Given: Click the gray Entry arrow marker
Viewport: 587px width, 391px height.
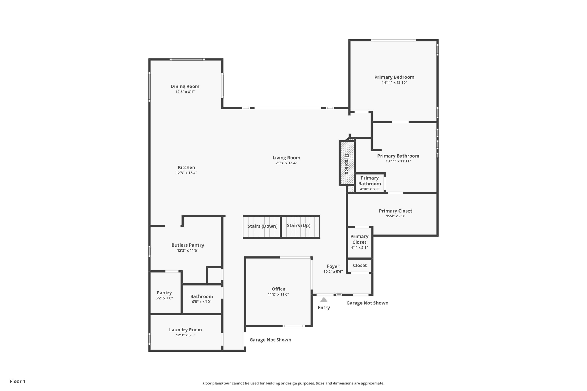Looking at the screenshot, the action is [x=324, y=300].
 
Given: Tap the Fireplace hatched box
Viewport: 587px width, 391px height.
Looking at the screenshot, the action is [x=347, y=163].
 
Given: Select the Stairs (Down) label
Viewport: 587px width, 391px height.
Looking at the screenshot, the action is [x=262, y=226].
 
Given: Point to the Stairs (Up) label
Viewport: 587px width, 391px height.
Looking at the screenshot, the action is [x=298, y=225].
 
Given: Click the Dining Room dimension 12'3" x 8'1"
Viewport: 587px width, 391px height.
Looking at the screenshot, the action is [x=185, y=92].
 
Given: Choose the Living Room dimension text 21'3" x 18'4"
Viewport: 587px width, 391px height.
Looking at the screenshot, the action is [x=286, y=163].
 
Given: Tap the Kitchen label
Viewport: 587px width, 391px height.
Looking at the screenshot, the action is [x=186, y=168].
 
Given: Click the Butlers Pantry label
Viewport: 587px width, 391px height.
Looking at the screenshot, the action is [x=188, y=245].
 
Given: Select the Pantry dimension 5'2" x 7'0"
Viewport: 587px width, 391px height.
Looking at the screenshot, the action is [x=164, y=298].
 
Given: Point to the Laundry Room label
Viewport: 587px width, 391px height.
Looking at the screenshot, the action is [x=185, y=330].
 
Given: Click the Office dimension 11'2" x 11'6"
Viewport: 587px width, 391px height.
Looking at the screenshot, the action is [x=278, y=294].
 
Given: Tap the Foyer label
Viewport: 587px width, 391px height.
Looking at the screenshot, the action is [x=333, y=266].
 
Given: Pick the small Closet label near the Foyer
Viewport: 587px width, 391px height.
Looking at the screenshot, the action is [x=360, y=266].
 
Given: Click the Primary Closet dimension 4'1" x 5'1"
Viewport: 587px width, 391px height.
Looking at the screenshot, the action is [x=359, y=247].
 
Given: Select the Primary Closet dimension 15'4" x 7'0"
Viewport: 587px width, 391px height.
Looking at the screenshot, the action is [x=396, y=216].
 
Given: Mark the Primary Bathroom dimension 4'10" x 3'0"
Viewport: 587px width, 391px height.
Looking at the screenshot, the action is [x=369, y=189].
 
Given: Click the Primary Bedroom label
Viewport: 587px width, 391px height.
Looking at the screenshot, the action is [x=394, y=77].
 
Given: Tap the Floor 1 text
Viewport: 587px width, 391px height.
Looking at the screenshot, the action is [x=17, y=381].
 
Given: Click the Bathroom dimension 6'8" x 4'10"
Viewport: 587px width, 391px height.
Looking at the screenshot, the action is [x=201, y=302].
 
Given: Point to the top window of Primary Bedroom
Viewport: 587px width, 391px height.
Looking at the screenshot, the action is [x=393, y=40].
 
